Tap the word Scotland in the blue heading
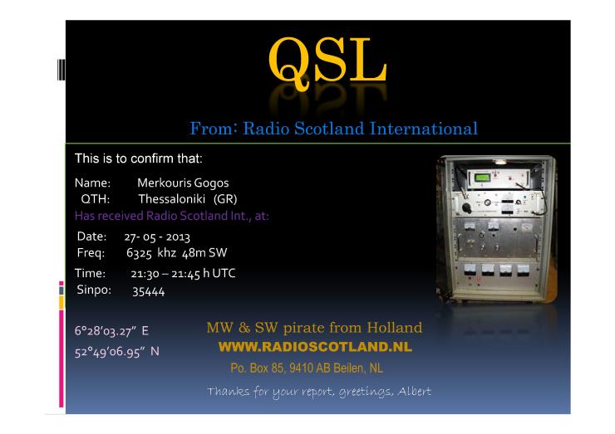point(329,129)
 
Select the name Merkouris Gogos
point(183,183)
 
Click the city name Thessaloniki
point(171,199)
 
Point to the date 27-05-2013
point(157,237)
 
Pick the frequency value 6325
point(139,253)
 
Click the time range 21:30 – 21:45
point(165,273)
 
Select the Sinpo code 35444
point(148,291)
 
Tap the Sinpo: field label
point(94,290)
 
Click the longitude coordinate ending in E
point(111,331)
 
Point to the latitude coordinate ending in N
point(117,352)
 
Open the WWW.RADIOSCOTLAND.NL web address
point(315,347)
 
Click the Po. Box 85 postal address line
point(307,368)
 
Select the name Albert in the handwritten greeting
point(414,391)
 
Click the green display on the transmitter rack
point(482,178)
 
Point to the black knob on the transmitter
point(466,207)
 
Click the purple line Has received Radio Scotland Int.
point(172,216)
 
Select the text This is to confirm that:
point(139,158)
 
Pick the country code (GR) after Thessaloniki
point(225,199)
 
